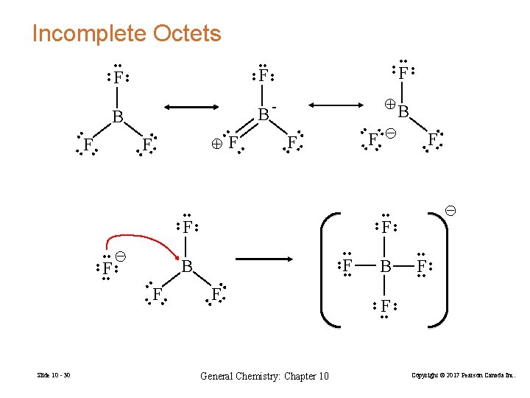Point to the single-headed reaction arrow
pyautogui.click(x=265, y=259)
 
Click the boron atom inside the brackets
pyautogui.click(x=385, y=265)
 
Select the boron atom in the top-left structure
pyautogui.click(x=117, y=116)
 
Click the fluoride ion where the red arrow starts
pyautogui.click(x=107, y=267)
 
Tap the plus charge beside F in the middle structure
pyautogui.click(x=216, y=144)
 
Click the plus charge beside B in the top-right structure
pyautogui.click(x=392, y=104)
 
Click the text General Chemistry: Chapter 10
pyautogui.click(x=265, y=377)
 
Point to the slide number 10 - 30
pyautogui.click(x=54, y=377)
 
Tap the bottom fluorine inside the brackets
pyautogui.click(x=385, y=305)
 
